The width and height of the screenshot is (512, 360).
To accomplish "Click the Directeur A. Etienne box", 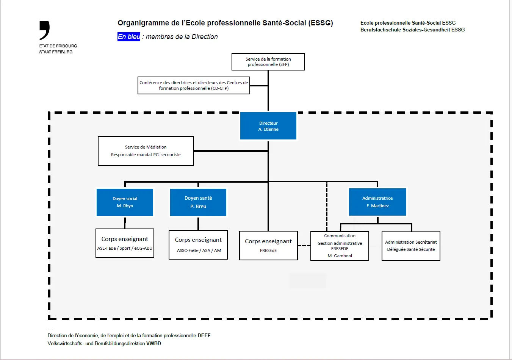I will [268, 126].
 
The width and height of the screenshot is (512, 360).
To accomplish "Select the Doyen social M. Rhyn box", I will [125, 202].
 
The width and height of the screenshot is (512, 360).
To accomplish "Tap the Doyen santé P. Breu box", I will [198, 202].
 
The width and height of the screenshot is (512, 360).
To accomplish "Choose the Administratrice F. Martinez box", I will [377, 202].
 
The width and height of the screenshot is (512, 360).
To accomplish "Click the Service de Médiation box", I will [146, 151].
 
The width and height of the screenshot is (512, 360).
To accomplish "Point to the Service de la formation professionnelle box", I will [268, 62].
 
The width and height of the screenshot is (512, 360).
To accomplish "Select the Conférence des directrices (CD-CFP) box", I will [194, 85].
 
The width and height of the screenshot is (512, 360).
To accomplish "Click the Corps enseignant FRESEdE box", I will [268, 246].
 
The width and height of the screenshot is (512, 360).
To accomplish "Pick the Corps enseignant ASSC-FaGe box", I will [198, 245].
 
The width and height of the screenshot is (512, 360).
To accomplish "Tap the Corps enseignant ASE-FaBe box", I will [125, 243].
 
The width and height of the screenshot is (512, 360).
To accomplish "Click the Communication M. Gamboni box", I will [340, 246].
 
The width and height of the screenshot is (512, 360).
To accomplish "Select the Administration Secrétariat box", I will [411, 246].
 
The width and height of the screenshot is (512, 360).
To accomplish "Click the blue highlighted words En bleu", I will [129, 37].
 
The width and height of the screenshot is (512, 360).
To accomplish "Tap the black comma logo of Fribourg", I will [44, 30].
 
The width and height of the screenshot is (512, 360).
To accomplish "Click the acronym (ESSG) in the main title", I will [321, 23].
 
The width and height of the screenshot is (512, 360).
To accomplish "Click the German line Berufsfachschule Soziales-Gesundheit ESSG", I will [412, 30].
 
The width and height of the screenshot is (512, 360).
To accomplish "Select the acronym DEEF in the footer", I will [204, 335].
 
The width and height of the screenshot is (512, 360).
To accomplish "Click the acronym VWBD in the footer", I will [153, 343].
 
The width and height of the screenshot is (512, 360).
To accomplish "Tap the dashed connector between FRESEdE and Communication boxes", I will [304, 246].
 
